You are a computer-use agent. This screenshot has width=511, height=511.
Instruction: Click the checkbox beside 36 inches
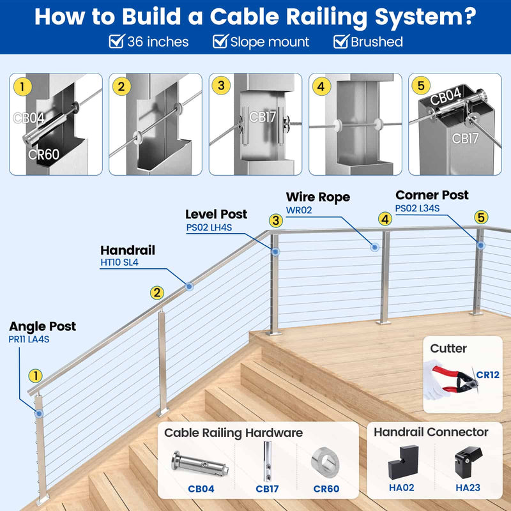point(116,42)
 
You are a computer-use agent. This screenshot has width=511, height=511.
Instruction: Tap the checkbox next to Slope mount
point(220,42)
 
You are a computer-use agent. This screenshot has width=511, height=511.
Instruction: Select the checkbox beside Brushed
point(341,42)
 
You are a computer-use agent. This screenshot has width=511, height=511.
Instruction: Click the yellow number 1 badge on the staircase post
point(36,376)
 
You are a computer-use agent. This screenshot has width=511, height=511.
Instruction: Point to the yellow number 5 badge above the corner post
point(481,217)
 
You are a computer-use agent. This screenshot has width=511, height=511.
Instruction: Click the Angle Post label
point(42,326)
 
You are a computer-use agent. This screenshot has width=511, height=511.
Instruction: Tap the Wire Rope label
point(317,197)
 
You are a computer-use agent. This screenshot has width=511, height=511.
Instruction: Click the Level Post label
point(216,214)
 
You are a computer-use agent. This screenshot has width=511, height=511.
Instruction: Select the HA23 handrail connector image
point(468,462)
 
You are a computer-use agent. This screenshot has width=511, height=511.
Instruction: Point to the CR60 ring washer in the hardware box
point(326,463)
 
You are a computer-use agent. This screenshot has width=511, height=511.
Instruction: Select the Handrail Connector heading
point(431,432)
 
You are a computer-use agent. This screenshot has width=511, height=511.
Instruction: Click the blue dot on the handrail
point(189,287)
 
